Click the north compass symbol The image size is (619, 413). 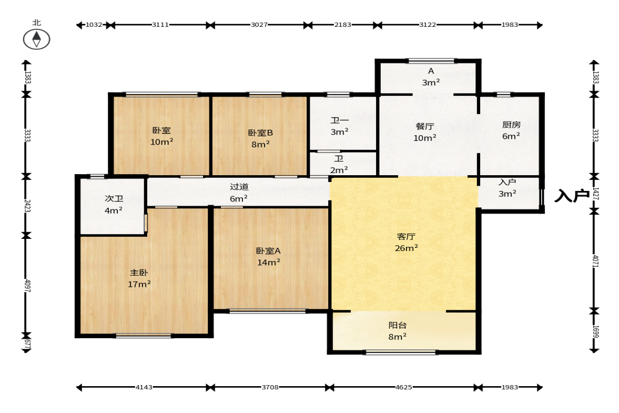pyautogui.click(x=36, y=39)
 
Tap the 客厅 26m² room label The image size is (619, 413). pyautogui.click(x=406, y=242)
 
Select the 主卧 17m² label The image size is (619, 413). pyautogui.click(x=139, y=278)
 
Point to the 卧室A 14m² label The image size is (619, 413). pyautogui.click(x=268, y=256)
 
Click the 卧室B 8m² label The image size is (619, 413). pyautogui.click(x=260, y=138)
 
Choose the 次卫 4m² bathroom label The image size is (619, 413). pyautogui.click(x=114, y=205)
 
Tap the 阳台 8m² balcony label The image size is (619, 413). pyautogui.click(x=397, y=330)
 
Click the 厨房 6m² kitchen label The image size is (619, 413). pyautogui.click(x=511, y=130)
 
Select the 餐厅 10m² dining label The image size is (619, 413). pyautogui.click(x=425, y=132)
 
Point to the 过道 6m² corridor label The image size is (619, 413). pyautogui.click(x=239, y=192)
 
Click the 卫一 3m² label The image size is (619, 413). pyautogui.click(x=340, y=126)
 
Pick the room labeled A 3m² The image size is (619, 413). pyautogui.click(x=431, y=77)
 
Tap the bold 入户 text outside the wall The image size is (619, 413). pyautogui.click(x=572, y=195)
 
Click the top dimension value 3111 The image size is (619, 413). pyautogui.click(x=160, y=25)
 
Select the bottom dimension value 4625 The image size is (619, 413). pyautogui.click(x=404, y=387)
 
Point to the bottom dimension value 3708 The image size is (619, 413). pyautogui.click(x=270, y=387)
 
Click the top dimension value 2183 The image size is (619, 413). pyautogui.click(x=343, y=25)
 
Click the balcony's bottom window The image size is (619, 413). pyautogui.click(x=401, y=352)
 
